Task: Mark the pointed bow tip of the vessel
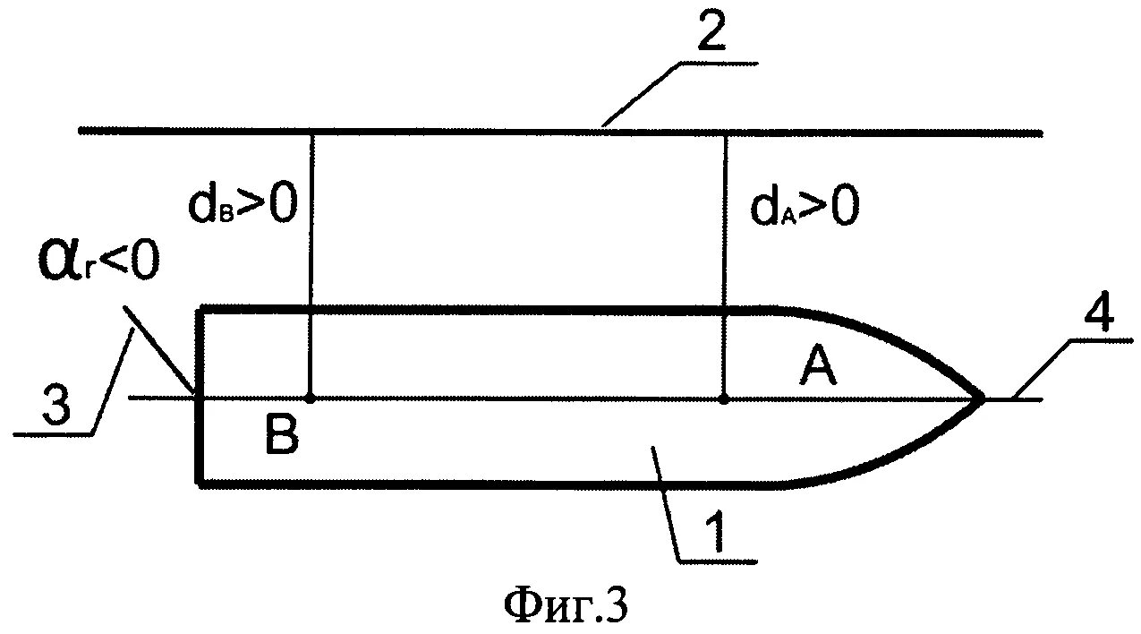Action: (x=983, y=397)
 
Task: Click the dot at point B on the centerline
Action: (x=310, y=397)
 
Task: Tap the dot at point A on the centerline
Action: (x=723, y=397)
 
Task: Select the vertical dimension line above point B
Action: (x=310, y=224)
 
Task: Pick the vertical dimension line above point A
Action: (x=723, y=224)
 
